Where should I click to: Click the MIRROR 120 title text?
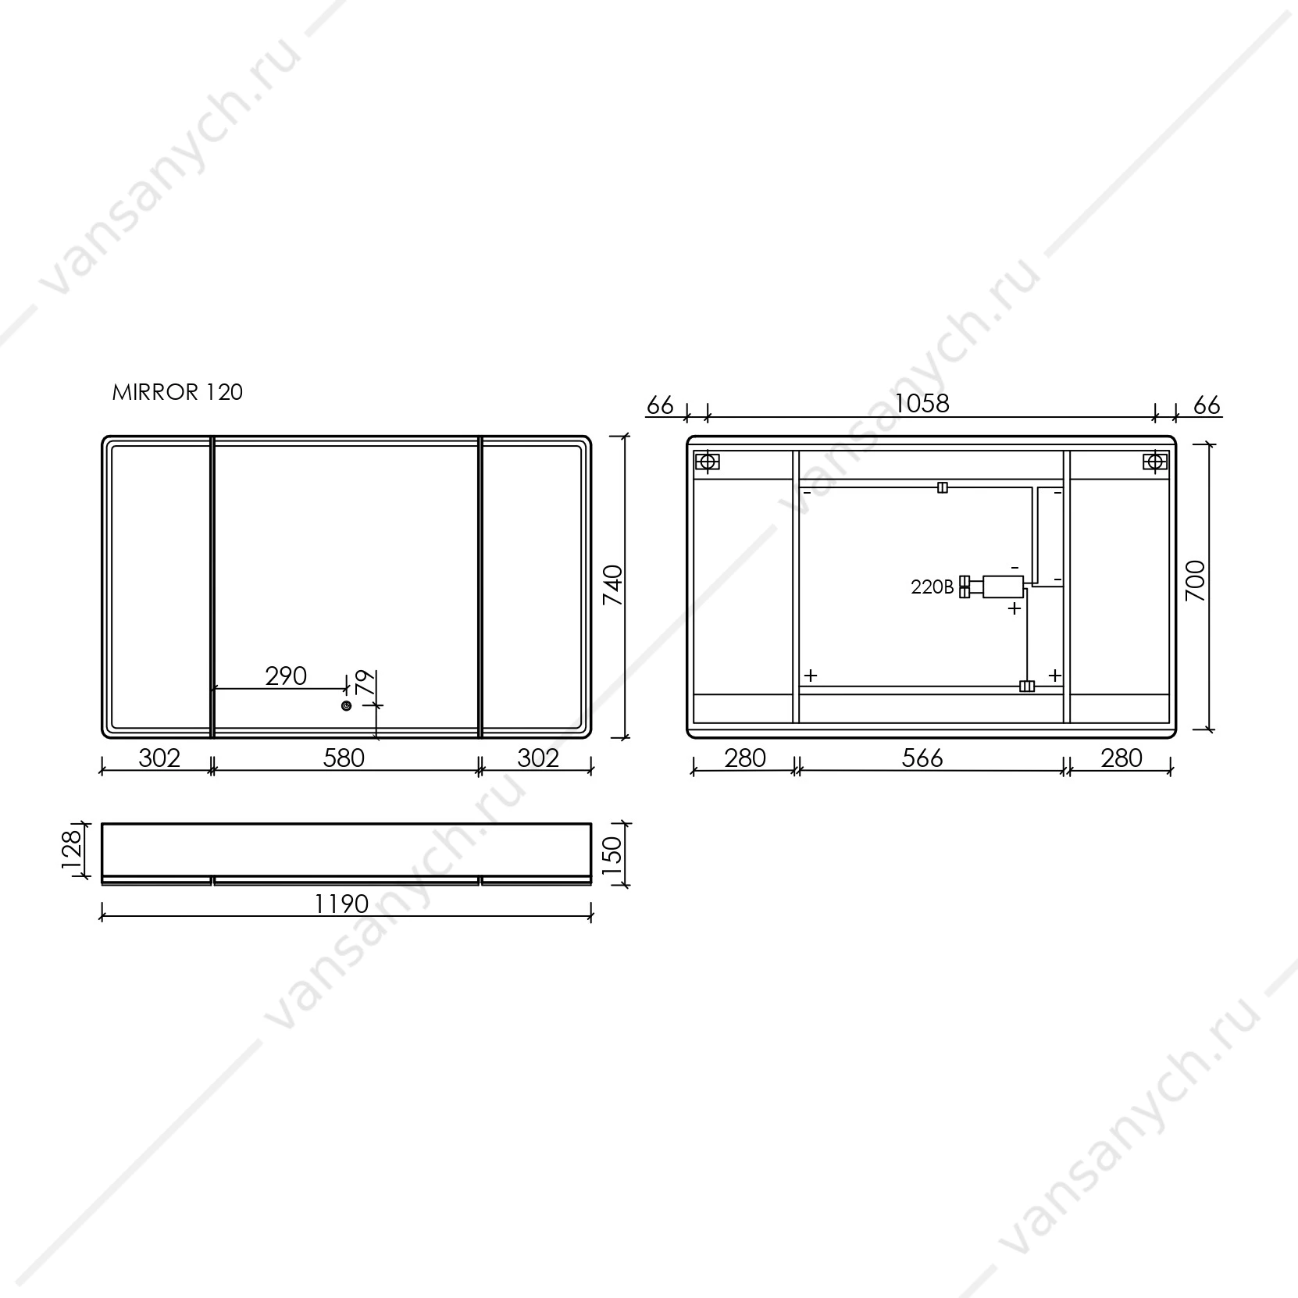[177, 392]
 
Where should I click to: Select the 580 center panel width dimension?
[344, 758]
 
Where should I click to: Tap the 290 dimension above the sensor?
[286, 676]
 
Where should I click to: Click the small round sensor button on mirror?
[346, 706]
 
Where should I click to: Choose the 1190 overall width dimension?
[341, 904]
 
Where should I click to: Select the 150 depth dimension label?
[613, 854]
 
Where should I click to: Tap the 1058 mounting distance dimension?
[922, 403]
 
